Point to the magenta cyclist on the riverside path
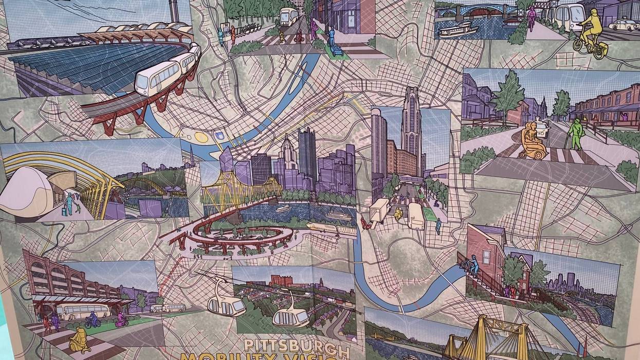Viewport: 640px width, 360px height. (532, 17)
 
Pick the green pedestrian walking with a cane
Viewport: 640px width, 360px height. (576, 133)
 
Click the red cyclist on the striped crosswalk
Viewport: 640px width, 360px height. (300, 36)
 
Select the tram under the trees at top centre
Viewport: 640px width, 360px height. (289, 17)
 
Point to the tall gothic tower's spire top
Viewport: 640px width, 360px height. (411, 91)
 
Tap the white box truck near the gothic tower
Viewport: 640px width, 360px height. (379, 210)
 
